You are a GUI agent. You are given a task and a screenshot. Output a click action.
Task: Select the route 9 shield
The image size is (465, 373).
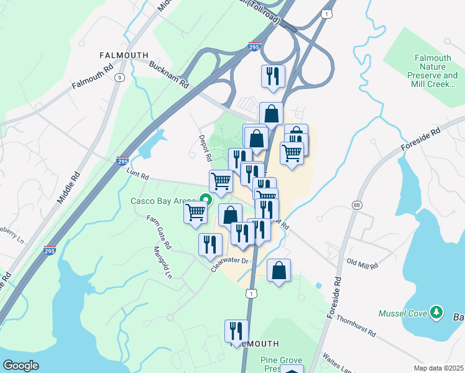point(118,77)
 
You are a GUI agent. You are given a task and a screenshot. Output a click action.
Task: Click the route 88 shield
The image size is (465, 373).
point(356,205)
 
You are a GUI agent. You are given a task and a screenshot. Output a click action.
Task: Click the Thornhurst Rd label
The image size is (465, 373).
point(356,325)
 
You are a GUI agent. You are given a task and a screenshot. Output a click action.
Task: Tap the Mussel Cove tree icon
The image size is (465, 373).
point(436,312)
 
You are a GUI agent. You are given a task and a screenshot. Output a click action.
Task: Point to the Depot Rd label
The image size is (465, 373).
point(204,148)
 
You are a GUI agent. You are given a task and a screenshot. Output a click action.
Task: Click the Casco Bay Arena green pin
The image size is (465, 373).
point(203,200)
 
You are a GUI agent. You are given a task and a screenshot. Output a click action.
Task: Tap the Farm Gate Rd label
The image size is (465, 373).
point(159,229)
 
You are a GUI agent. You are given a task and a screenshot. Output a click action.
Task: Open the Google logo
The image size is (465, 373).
point(21,366)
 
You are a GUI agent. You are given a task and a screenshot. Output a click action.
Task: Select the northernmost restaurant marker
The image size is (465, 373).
point(273,76)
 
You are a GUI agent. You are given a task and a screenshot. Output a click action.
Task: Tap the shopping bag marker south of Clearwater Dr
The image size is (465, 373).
point(279,270)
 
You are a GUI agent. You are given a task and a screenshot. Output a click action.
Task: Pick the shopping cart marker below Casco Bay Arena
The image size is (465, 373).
point(195,213)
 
